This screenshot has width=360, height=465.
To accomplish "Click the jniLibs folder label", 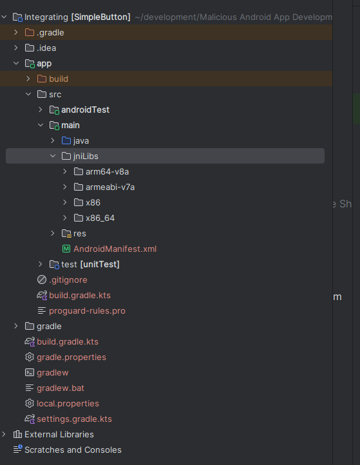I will [86, 156].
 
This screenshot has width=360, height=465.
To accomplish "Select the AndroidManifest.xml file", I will [115, 249].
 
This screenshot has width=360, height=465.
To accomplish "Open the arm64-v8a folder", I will [111, 171].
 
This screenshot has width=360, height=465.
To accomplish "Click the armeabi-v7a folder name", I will [110, 187].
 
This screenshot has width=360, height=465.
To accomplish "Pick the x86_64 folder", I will [101, 218].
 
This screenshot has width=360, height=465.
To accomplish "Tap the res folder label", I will [80, 233].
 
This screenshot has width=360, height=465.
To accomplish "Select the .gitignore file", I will [68, 280].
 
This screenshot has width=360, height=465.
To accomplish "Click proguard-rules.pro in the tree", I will [87, 310].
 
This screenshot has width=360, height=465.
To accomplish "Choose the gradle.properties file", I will [71, 357].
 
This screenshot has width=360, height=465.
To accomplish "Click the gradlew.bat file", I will [61, 388].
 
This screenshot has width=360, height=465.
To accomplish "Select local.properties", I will [68, 403].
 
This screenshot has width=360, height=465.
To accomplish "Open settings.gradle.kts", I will [74, 419].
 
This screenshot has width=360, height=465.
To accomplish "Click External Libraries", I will [59, 434].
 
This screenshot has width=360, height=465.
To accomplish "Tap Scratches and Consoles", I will [73, 450].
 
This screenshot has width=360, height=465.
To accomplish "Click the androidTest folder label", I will [85, 109].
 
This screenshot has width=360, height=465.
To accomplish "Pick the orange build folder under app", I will [58, 79].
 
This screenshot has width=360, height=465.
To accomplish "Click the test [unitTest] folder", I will [90, 264].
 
